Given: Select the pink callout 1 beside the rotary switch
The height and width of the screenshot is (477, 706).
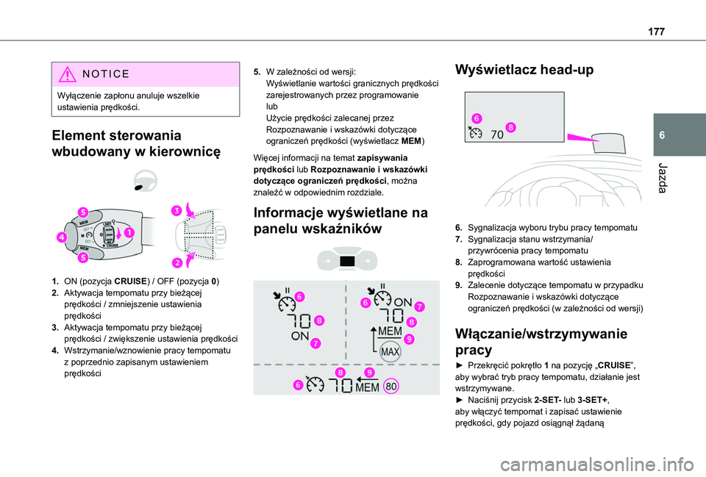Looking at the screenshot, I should tap(129, 233).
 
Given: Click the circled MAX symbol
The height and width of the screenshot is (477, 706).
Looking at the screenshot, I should tap(390, 353).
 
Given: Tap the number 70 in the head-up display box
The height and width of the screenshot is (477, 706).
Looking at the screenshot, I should tap(496, 135).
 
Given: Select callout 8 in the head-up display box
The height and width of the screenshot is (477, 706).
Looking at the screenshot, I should tap(510, 127).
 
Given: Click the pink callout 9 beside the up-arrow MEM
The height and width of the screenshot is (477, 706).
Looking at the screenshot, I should tap(409, 339).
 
